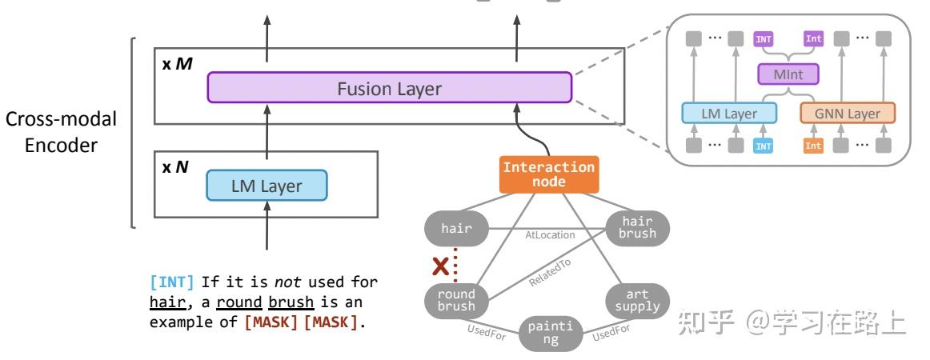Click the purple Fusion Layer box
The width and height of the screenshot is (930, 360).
pyautogui.click(x=389, y=88)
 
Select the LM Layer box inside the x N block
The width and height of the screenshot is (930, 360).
pyautogui.click(x=267, y=186)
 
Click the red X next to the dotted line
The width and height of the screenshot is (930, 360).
pyautogui.click(x=439, y=266)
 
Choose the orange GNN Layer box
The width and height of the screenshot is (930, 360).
pyautogui.click(x=847, y=114)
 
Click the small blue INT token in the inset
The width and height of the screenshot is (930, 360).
pyautogui.click(x=764, y=146)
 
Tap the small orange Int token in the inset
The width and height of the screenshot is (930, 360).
pyautogui.click(x=813, y=146)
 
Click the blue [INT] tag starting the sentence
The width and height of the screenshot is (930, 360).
pyautogui.click(x=171, y=282)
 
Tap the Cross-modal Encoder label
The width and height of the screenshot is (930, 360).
pyautogui.click(x=62, y=132)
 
